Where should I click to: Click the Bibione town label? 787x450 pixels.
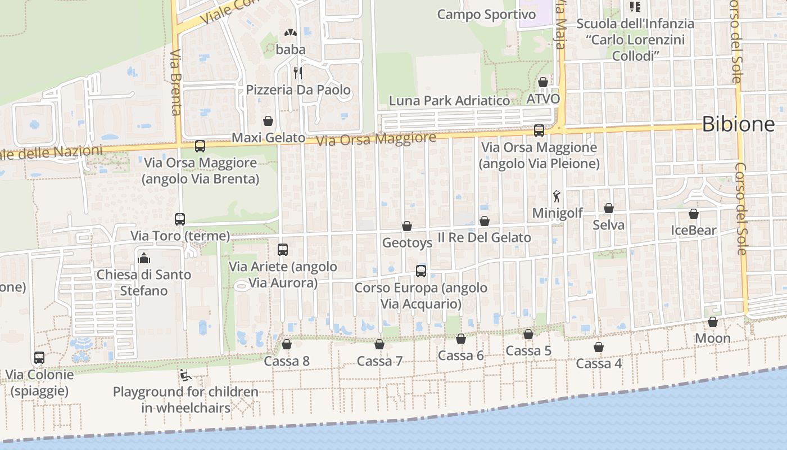[x=738, y=124]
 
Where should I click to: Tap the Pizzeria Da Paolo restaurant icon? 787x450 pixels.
[x=298, y=73]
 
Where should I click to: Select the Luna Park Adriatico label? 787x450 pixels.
[x=450, y=101]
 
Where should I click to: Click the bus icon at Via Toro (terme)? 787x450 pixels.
[x=180, y=219]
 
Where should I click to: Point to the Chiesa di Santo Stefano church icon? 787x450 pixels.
[x=144, y=258]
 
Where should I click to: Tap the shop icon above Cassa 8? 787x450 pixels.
[x=287, y=344]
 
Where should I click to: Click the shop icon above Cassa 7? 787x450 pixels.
[x=379, y=344]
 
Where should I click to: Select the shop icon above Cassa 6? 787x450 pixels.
[x=461, y=339]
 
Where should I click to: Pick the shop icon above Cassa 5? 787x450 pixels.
[x=528, y=334]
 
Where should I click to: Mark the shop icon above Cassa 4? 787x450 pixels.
[x=599, y=347]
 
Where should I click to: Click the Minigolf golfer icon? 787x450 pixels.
[x=557, y=196]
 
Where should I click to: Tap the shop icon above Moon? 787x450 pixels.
[x=713, y=322]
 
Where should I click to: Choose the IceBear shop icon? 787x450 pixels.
[x=694, y=214]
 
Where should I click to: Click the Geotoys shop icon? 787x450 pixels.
[x=407, y=226]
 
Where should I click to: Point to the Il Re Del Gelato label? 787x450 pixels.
[x=484, y=237]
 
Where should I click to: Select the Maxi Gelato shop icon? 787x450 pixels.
[x=268, y=121]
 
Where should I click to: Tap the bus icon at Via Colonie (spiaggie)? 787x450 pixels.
[x=39, y=358]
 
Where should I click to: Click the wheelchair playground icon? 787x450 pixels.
[x=186, y=375]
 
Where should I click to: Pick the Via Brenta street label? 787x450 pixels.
[x=176, y=82]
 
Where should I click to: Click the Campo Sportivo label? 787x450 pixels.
[x=487, y=15]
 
